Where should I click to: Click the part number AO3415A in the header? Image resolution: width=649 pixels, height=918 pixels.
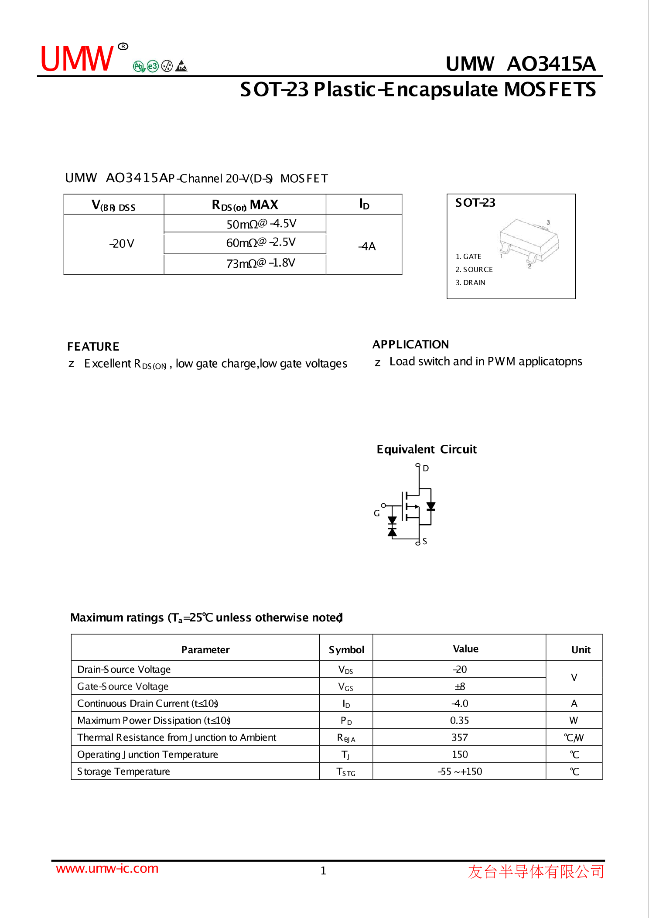click(x=551, y=64)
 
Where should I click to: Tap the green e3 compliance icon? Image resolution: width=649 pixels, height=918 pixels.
click(x=152, y=66)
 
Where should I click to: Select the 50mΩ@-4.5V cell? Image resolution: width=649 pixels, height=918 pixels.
click(x=261, y=224)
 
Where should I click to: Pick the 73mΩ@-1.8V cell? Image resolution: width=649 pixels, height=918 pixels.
click(x=260, y=263)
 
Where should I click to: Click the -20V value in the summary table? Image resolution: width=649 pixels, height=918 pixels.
click(x=121, y=243)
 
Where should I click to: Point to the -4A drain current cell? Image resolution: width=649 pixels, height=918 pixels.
click(x=367, y=246)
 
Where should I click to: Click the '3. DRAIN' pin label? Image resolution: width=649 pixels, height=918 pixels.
click(x=470, y=283)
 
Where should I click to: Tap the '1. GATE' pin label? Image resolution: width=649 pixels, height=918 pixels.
click(x=468, y=256)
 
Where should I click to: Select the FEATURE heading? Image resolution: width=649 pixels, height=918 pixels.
click(x=93, y=347)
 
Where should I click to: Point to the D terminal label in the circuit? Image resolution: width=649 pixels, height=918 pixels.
click(x=426, y=468)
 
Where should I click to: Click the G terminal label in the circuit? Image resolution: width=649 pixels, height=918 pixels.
click(x=377, y=513)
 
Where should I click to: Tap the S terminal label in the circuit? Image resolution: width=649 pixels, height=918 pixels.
click(x=425, y=541)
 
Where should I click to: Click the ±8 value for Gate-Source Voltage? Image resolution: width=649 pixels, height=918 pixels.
click(x=460, y=686)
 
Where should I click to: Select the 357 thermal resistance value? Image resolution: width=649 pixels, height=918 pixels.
click(x=460, y=737)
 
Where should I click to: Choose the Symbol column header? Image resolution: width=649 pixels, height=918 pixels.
click(x=346, y=650)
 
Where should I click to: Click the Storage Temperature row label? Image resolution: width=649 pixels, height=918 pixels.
click(x=123, y=771)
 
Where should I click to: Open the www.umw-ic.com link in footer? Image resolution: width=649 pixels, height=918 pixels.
click(x=107, y=868)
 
